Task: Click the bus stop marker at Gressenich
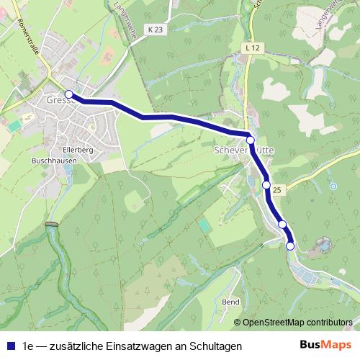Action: pyautogui.click(x=69, y=94)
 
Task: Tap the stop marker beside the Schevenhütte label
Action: pyautogui.click(x=251, y=140)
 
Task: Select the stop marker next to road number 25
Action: pyautogui.click(x=266, y=185)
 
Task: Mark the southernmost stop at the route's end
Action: pyautogui.click(x=290, y=246)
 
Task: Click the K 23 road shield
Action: pyautogui.click(x=153, y=30)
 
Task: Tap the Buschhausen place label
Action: pyautogui.click(x=54, y=161)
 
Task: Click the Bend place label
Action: pyautogui.click(x=230, y=302)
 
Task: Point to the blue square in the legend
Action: pyautogui.click(x=10, y=346)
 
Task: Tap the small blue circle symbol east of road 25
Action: pyautogui.click(x=333, y=186)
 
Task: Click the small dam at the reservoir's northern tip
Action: pyautogui.click(x=50, y=225)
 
